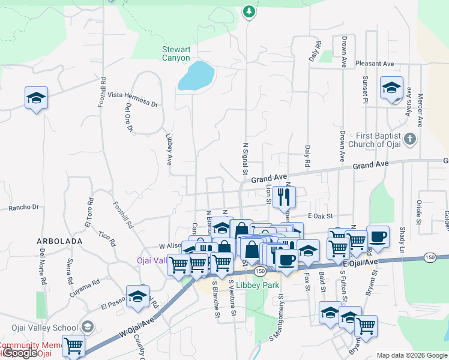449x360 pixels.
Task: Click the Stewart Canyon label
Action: pyautogui.click(x=176, y=54)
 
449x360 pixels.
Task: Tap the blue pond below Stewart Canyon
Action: pyautogui.click(x=196, y=75)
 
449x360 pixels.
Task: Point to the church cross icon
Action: pyautogui.click(x=410, y=140)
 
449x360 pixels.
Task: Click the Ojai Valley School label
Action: pyautogui.click(x=44, y=328)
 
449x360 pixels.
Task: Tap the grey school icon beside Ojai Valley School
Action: pyautogui.click(x=88, y=327)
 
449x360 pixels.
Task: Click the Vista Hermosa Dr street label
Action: pyautogui.click(x=132, y=100)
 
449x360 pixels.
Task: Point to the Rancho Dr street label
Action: pyautogui.click(x=23, y=208)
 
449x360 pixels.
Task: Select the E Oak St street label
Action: pyautogui.click(x=320, y=216)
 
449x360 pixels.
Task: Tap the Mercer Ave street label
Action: pyautogui.click(x=421, y=106)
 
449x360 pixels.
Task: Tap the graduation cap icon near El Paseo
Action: pyautogui.click(x=138, y=298)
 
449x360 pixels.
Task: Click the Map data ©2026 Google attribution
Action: pyautogui.click(x=412, y=355)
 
